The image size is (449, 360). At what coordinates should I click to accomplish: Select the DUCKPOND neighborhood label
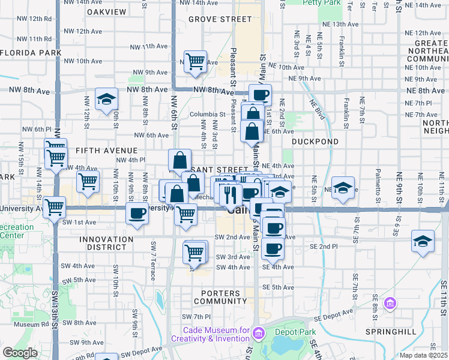315,142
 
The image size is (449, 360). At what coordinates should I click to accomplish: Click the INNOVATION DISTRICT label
106,243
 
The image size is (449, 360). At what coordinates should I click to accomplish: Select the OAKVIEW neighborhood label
106,11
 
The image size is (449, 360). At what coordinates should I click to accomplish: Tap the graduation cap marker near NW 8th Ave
106,100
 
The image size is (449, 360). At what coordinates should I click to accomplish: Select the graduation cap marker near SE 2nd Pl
423,242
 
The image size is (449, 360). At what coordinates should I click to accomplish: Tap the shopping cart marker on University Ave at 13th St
54,208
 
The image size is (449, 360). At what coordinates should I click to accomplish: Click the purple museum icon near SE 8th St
391,304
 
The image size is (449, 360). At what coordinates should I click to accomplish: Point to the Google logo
20,353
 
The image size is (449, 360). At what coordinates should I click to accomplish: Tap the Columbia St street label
207,114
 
